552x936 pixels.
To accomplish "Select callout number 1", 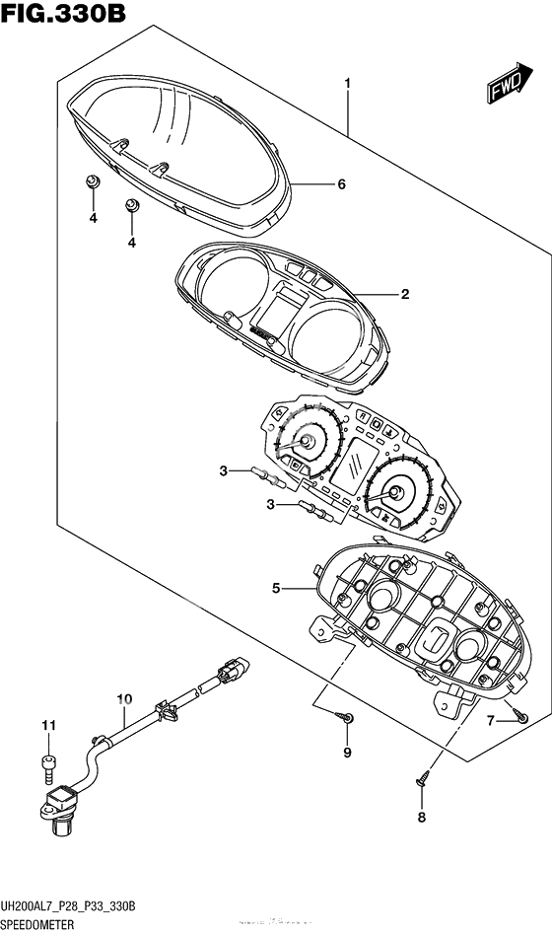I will (x=347, y=86).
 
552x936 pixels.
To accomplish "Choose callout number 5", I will (x=277, y=589).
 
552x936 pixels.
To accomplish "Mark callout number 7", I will (x=490, y=722).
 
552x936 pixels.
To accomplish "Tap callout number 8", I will (x=422, y=817).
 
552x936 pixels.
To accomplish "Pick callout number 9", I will (x=347, y=755).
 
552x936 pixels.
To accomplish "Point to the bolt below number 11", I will (x=45, y=760).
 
